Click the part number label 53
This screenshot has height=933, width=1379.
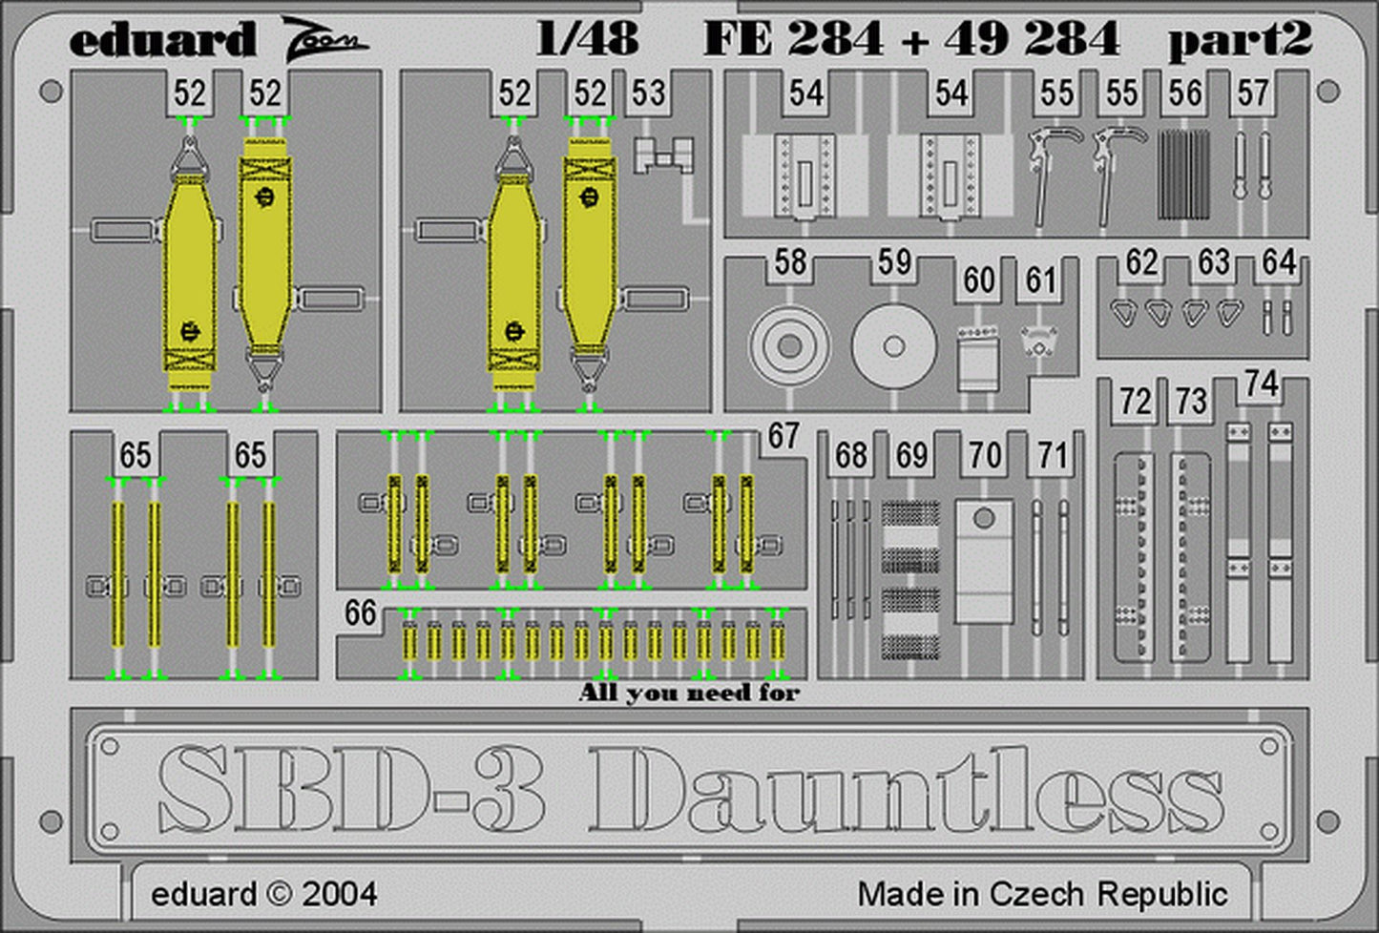click(649, 93)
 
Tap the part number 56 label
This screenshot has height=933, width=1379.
click(1185, 93)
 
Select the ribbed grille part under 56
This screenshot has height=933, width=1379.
click(1184, 175)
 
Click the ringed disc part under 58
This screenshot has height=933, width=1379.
click(790, 346)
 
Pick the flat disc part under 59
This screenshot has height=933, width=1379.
click(894, 346)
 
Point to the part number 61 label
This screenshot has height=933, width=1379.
click(1040, 280)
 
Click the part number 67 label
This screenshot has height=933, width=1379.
click(784, 436)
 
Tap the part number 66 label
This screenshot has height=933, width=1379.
click(360, 612)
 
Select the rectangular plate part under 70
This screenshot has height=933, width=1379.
click(984, 561)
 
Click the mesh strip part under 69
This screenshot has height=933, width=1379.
click(910, 581)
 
